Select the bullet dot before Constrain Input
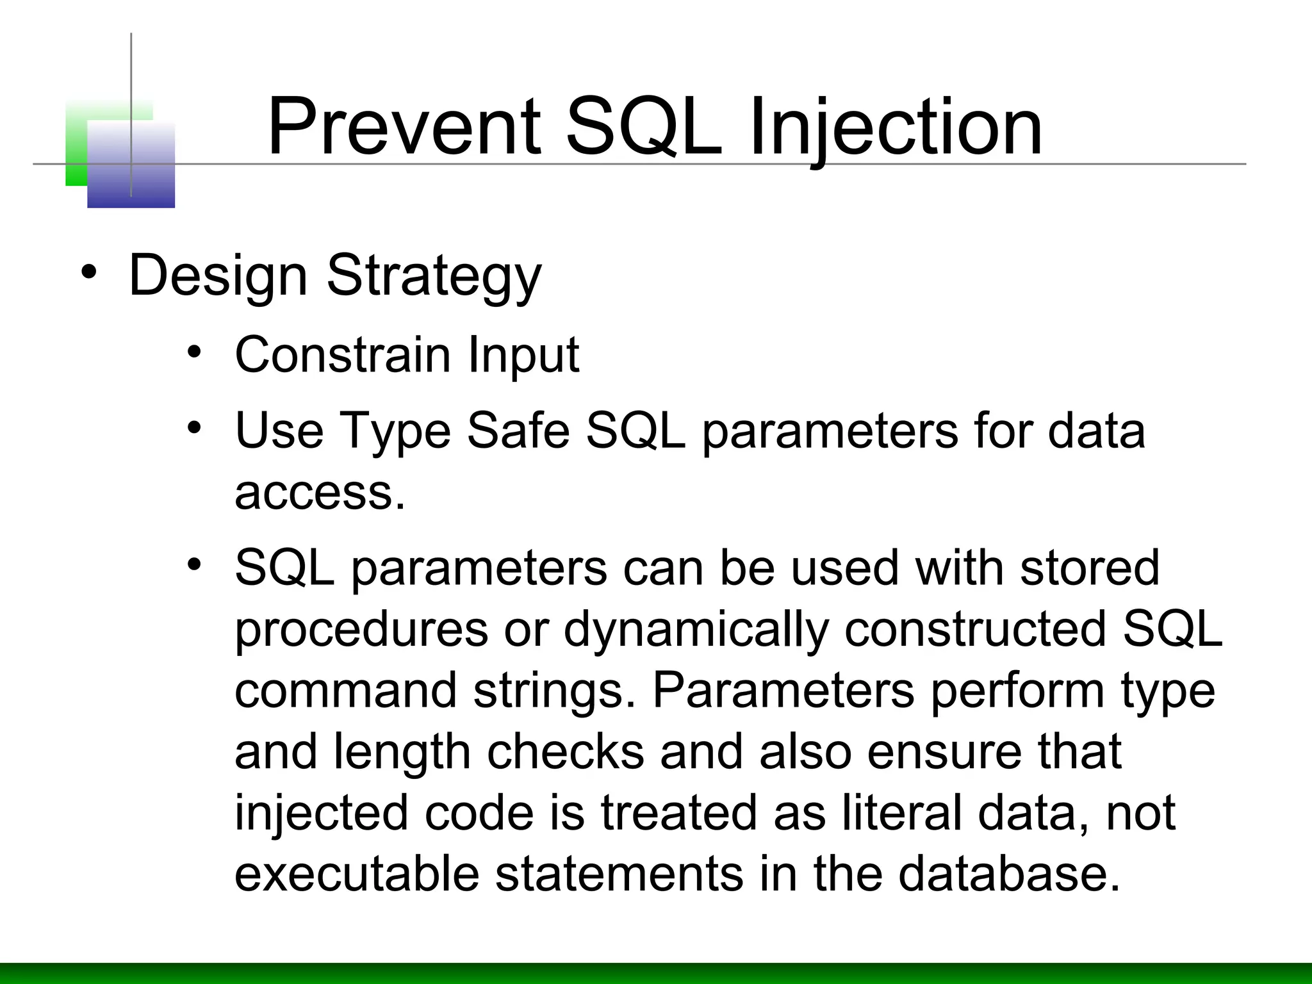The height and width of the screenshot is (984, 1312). click(195, 352)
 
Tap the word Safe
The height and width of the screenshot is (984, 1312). click(518, 430)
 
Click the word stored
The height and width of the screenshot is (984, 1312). click(1090, 568)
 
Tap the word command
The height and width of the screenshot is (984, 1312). click(346, 691)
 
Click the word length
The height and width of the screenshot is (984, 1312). click(402, 752)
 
